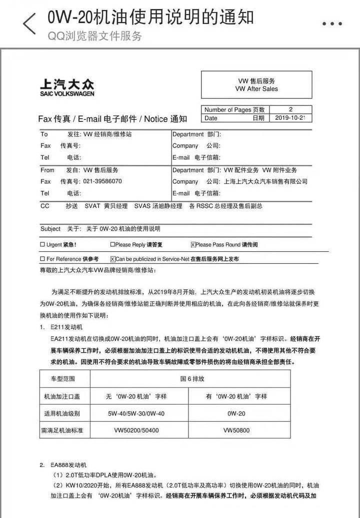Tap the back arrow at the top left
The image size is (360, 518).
[x=29, y=23]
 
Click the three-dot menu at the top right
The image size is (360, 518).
[x=335, y=23]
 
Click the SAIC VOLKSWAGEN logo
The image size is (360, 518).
[x=66, y=87]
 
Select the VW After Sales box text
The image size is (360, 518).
[x=256, y=85]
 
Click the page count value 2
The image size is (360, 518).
[x=290, y=109]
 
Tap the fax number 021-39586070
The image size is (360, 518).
[x=102, y=181]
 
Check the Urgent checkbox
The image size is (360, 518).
[x=42, y=245]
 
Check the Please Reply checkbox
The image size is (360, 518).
[x=112, y=245]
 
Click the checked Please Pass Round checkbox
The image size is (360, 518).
[x=193, y=245]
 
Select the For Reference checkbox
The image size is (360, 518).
[x=42, y=259]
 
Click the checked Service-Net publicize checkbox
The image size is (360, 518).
[x=112, y=259]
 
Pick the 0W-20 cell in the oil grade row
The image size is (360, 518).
[x=236, y=414]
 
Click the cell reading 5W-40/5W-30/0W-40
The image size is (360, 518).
[x=136, y=414]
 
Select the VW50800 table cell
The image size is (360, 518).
[x=236, y=430]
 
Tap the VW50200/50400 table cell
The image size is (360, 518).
[x=136, y=430]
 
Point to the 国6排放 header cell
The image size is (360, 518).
[x=192, y=379]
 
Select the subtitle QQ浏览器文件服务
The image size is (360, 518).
[x=95, y=36]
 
